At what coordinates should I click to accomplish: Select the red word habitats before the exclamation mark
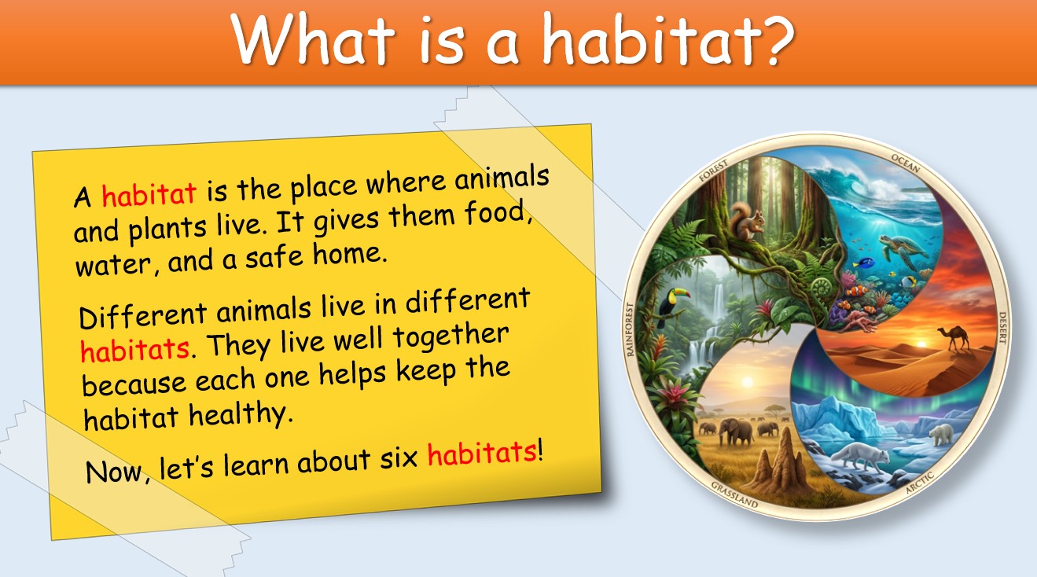coord(482,454)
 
